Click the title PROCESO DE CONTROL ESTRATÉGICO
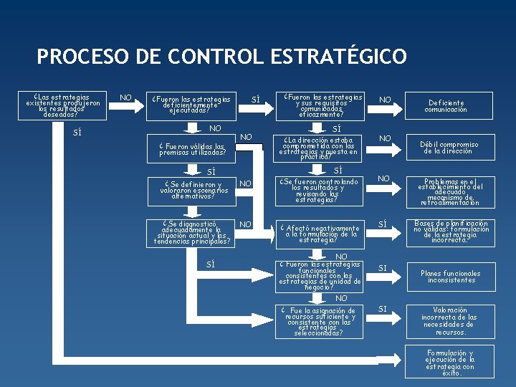tap(221, 57)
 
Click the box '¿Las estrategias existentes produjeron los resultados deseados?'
tap(62, 105)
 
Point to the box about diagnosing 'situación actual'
tap(192, 233)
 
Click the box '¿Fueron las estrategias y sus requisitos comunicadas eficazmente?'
tap(322, 105)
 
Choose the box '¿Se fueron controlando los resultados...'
tap(320, 191)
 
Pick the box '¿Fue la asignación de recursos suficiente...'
tap(320, 322)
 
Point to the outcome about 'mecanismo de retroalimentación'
tap(451, 192)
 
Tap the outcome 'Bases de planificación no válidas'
tap(451, 232)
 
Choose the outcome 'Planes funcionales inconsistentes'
tap(451, 277)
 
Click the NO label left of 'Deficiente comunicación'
tap(386, 100)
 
